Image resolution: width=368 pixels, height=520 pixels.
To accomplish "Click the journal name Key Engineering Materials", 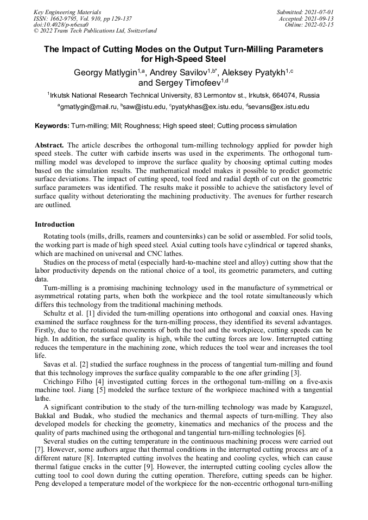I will point(67,11).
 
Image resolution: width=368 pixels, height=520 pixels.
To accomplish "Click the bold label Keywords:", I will point(52,126).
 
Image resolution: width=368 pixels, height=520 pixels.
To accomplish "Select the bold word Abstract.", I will point(49,146).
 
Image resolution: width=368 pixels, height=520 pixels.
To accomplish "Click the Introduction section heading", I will point(55,224).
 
